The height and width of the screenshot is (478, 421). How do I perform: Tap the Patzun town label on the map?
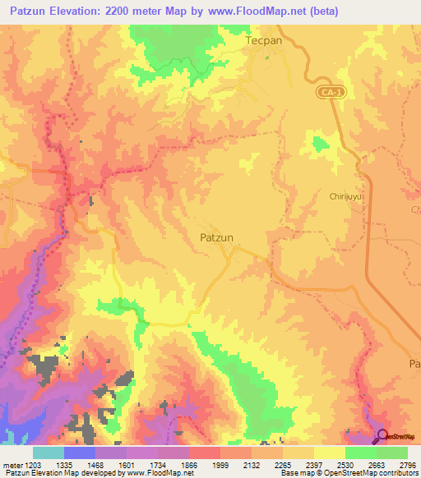coord(217,237)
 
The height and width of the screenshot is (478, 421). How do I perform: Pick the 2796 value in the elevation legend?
coord(405,465)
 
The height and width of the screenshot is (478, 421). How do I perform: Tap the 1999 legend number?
coord(220,465)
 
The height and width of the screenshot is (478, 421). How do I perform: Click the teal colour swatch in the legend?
coord(49,453)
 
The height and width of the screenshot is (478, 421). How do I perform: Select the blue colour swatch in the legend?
coord(80,453)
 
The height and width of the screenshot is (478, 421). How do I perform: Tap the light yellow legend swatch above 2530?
coord(329,453)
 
